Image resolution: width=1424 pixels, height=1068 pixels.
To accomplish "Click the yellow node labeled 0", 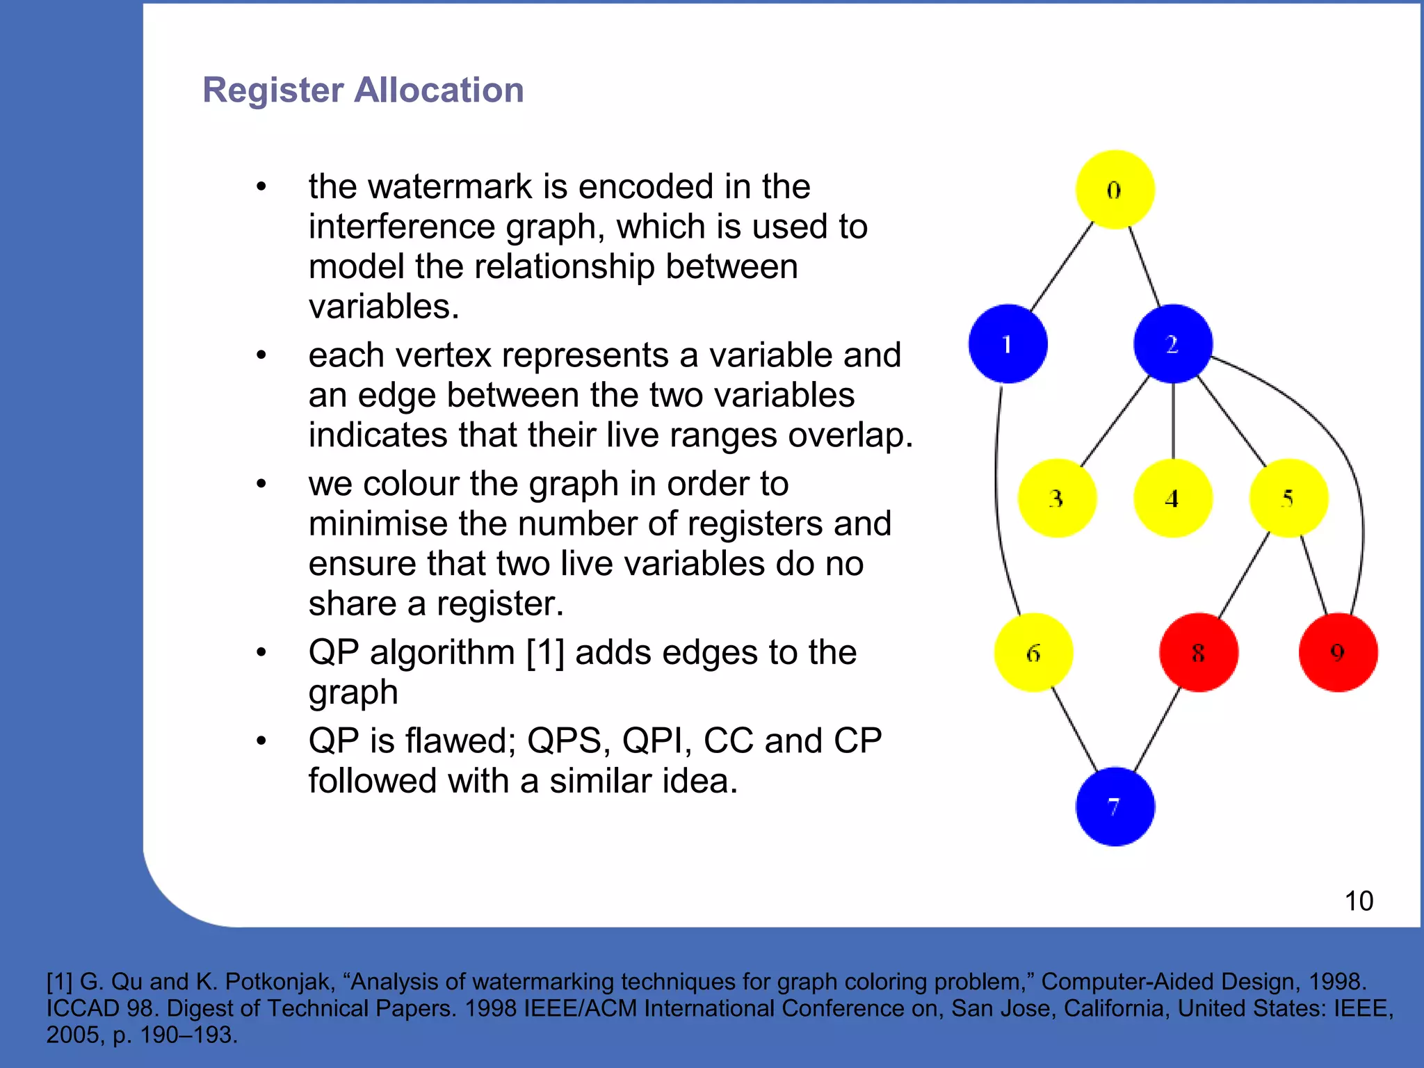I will pos(1115,189).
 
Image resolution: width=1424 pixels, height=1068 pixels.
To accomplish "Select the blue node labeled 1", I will pos(1008,343).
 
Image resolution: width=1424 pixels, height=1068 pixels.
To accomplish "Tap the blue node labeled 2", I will pos(1173,343).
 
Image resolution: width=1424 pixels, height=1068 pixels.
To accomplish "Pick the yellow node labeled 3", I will pos(1057,498).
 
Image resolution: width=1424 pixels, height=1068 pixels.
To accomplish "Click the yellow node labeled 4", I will pos(1173,498).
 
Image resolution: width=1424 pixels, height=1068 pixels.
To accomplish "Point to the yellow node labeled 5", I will pos(1288,498).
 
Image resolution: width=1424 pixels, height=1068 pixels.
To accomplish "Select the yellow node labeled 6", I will pos(1033,652).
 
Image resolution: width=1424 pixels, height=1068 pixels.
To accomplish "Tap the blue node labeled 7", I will pos(1115,807).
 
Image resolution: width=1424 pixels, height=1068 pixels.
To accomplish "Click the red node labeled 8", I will pos(1199,652).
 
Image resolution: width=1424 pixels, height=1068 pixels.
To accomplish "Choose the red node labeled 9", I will pos(1338,652).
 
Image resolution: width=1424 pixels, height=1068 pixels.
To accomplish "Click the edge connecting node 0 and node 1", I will pos(1062,266).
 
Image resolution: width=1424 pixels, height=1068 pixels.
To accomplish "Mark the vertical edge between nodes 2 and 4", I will pos(1173,421).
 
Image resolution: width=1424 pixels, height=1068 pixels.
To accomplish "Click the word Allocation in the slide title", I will pos(439,90).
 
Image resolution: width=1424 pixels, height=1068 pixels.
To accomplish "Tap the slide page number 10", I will pos(1359,901).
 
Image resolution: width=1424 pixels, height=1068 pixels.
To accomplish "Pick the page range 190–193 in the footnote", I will pos(186,1035).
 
